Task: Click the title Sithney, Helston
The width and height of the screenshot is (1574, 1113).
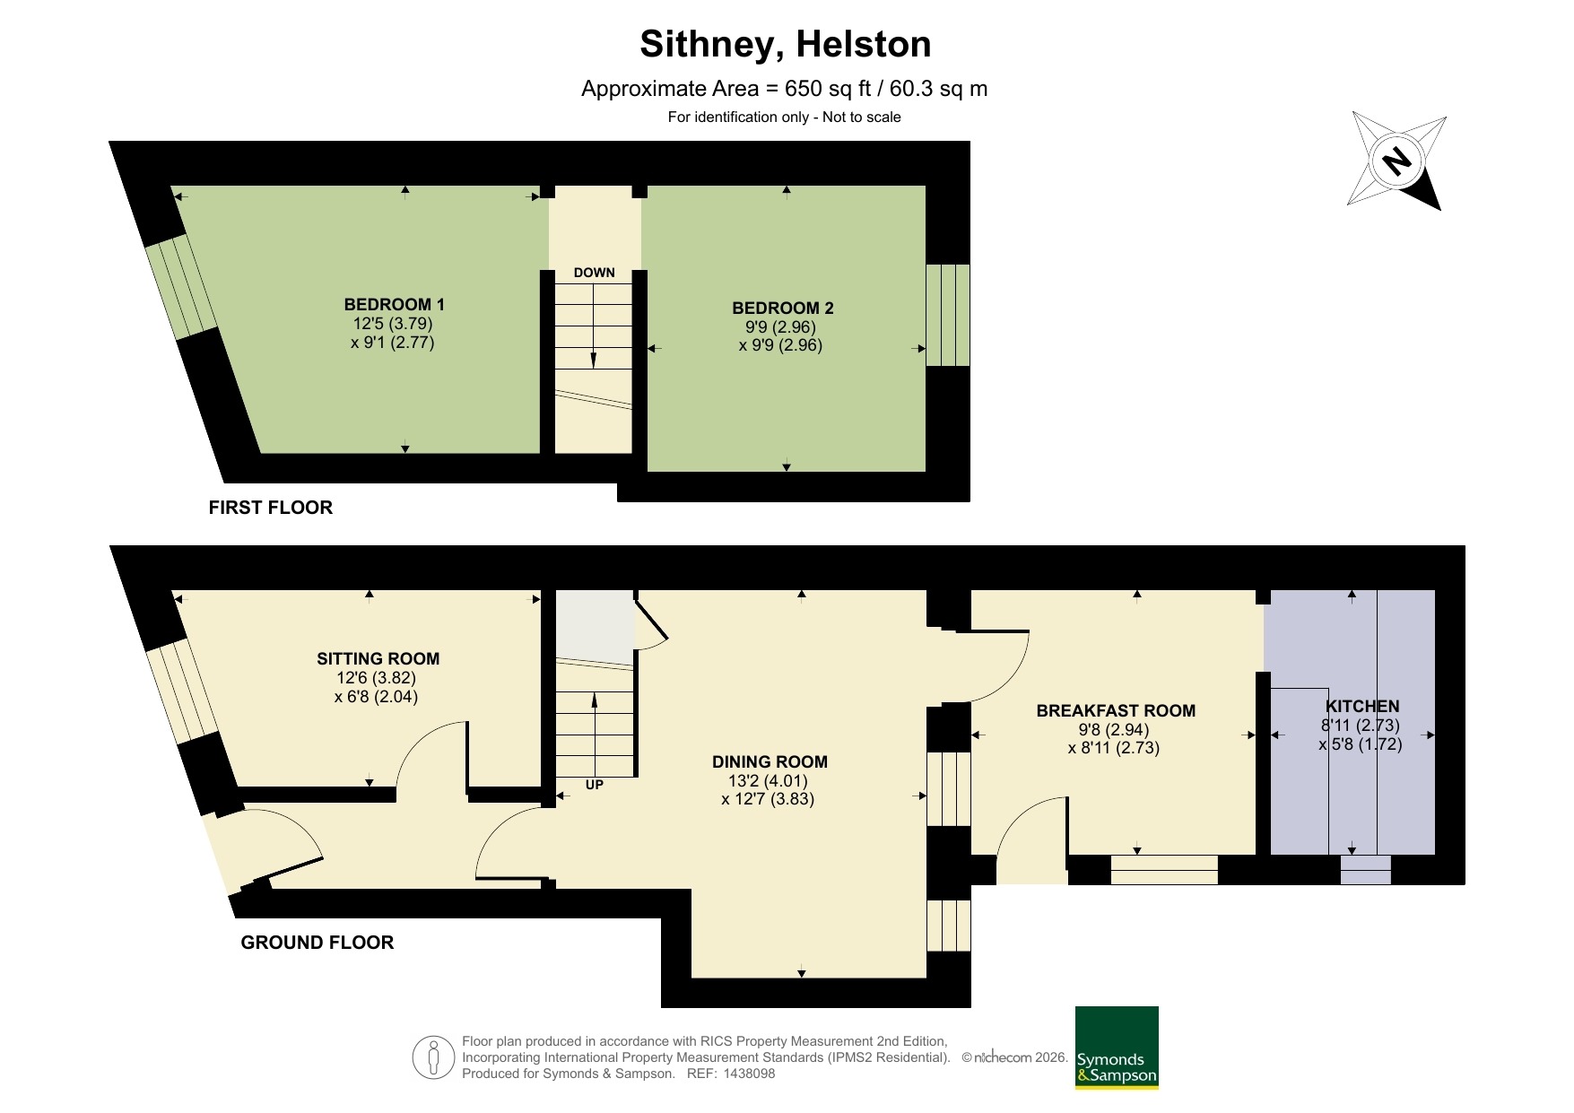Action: [785, 45]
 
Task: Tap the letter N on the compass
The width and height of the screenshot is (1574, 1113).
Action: [1396, 162]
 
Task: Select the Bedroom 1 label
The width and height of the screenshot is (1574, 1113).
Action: [394, 305]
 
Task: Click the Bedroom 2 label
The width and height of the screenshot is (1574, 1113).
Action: [782, 309]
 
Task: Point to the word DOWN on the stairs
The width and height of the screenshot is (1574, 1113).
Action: [594, 273]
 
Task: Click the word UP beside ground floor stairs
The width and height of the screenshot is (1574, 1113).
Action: [594, 785]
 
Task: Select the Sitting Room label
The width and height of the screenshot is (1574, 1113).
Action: [378, 659]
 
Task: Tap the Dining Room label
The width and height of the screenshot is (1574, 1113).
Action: [770, 762]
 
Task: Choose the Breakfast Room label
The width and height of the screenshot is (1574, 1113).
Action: [1115, 711]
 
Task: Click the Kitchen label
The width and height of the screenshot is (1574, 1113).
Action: [1361, 707]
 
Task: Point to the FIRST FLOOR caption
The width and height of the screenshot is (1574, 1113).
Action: [270, 508]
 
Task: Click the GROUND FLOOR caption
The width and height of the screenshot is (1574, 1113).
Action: [317, 943]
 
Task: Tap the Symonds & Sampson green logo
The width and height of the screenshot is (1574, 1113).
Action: [1117, 1048]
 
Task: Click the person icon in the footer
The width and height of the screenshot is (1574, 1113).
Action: [434, 1057]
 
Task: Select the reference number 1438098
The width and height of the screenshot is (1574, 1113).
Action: [749, 1074]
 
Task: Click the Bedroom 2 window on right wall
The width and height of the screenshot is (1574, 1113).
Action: [947, 315]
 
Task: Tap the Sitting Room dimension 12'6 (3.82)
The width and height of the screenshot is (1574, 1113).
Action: [377, 678]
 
